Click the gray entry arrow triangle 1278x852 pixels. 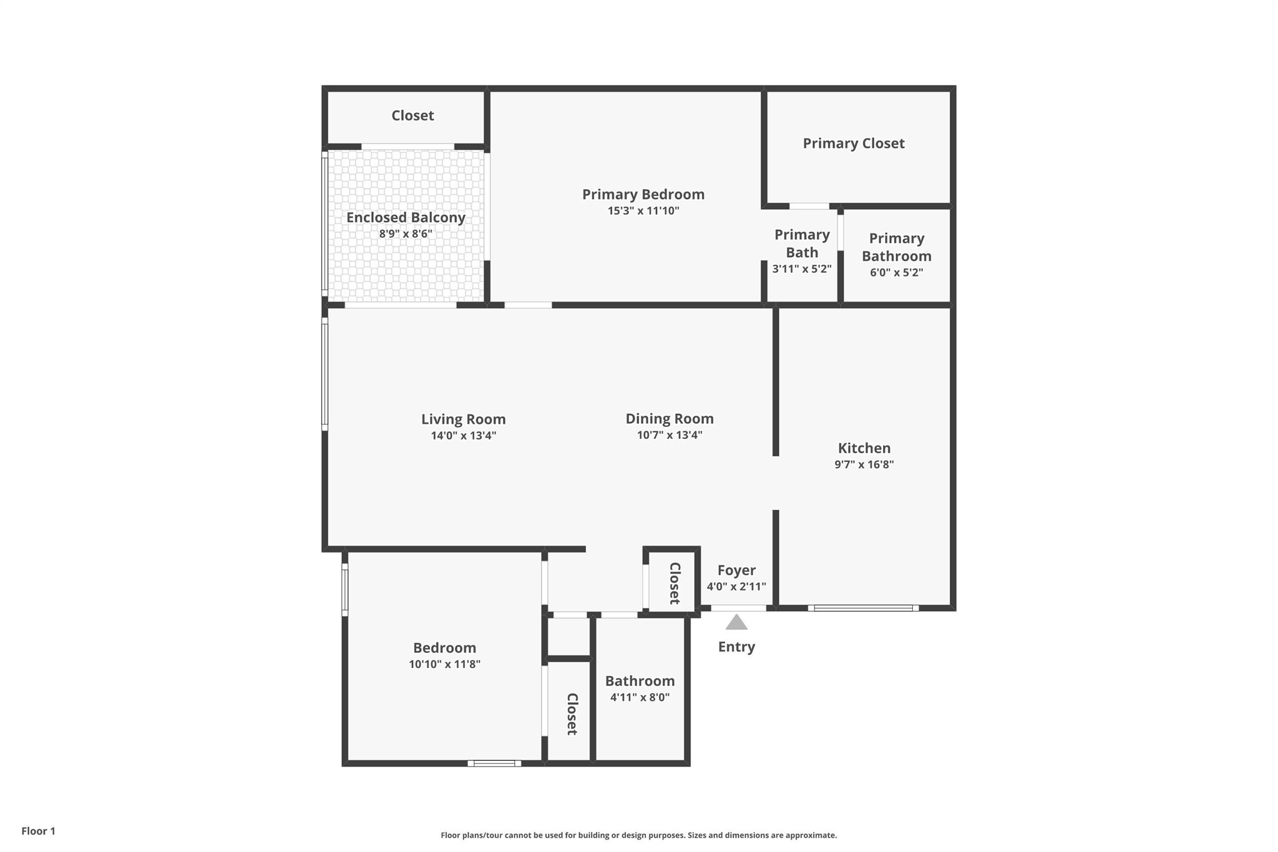coord(736,623)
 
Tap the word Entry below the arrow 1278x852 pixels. coord(736,647)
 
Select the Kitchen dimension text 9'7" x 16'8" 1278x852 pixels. coord(864,464)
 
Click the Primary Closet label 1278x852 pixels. coord(853,144)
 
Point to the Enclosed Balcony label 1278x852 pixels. coord(406,217)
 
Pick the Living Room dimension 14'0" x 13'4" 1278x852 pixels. coord(463,436)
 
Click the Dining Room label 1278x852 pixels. coord(669,419)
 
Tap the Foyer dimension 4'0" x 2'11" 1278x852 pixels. coord(736,587)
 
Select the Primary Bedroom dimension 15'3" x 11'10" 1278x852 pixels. coord(643,211)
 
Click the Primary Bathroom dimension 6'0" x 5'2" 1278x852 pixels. coord(896,273)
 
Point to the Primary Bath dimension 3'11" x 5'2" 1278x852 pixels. coord(802,269)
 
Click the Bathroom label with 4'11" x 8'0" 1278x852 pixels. coord(640,681)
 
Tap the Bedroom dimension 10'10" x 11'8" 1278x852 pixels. coord(444,664)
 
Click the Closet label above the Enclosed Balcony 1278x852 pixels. coord(412,115)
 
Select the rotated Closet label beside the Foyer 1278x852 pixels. coord(675,583)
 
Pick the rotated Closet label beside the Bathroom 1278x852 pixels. coord(572,714)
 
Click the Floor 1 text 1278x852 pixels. coord(38,831)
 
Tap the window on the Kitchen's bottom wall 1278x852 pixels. coord(863,608)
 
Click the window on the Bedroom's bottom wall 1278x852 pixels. coord(494,763)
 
